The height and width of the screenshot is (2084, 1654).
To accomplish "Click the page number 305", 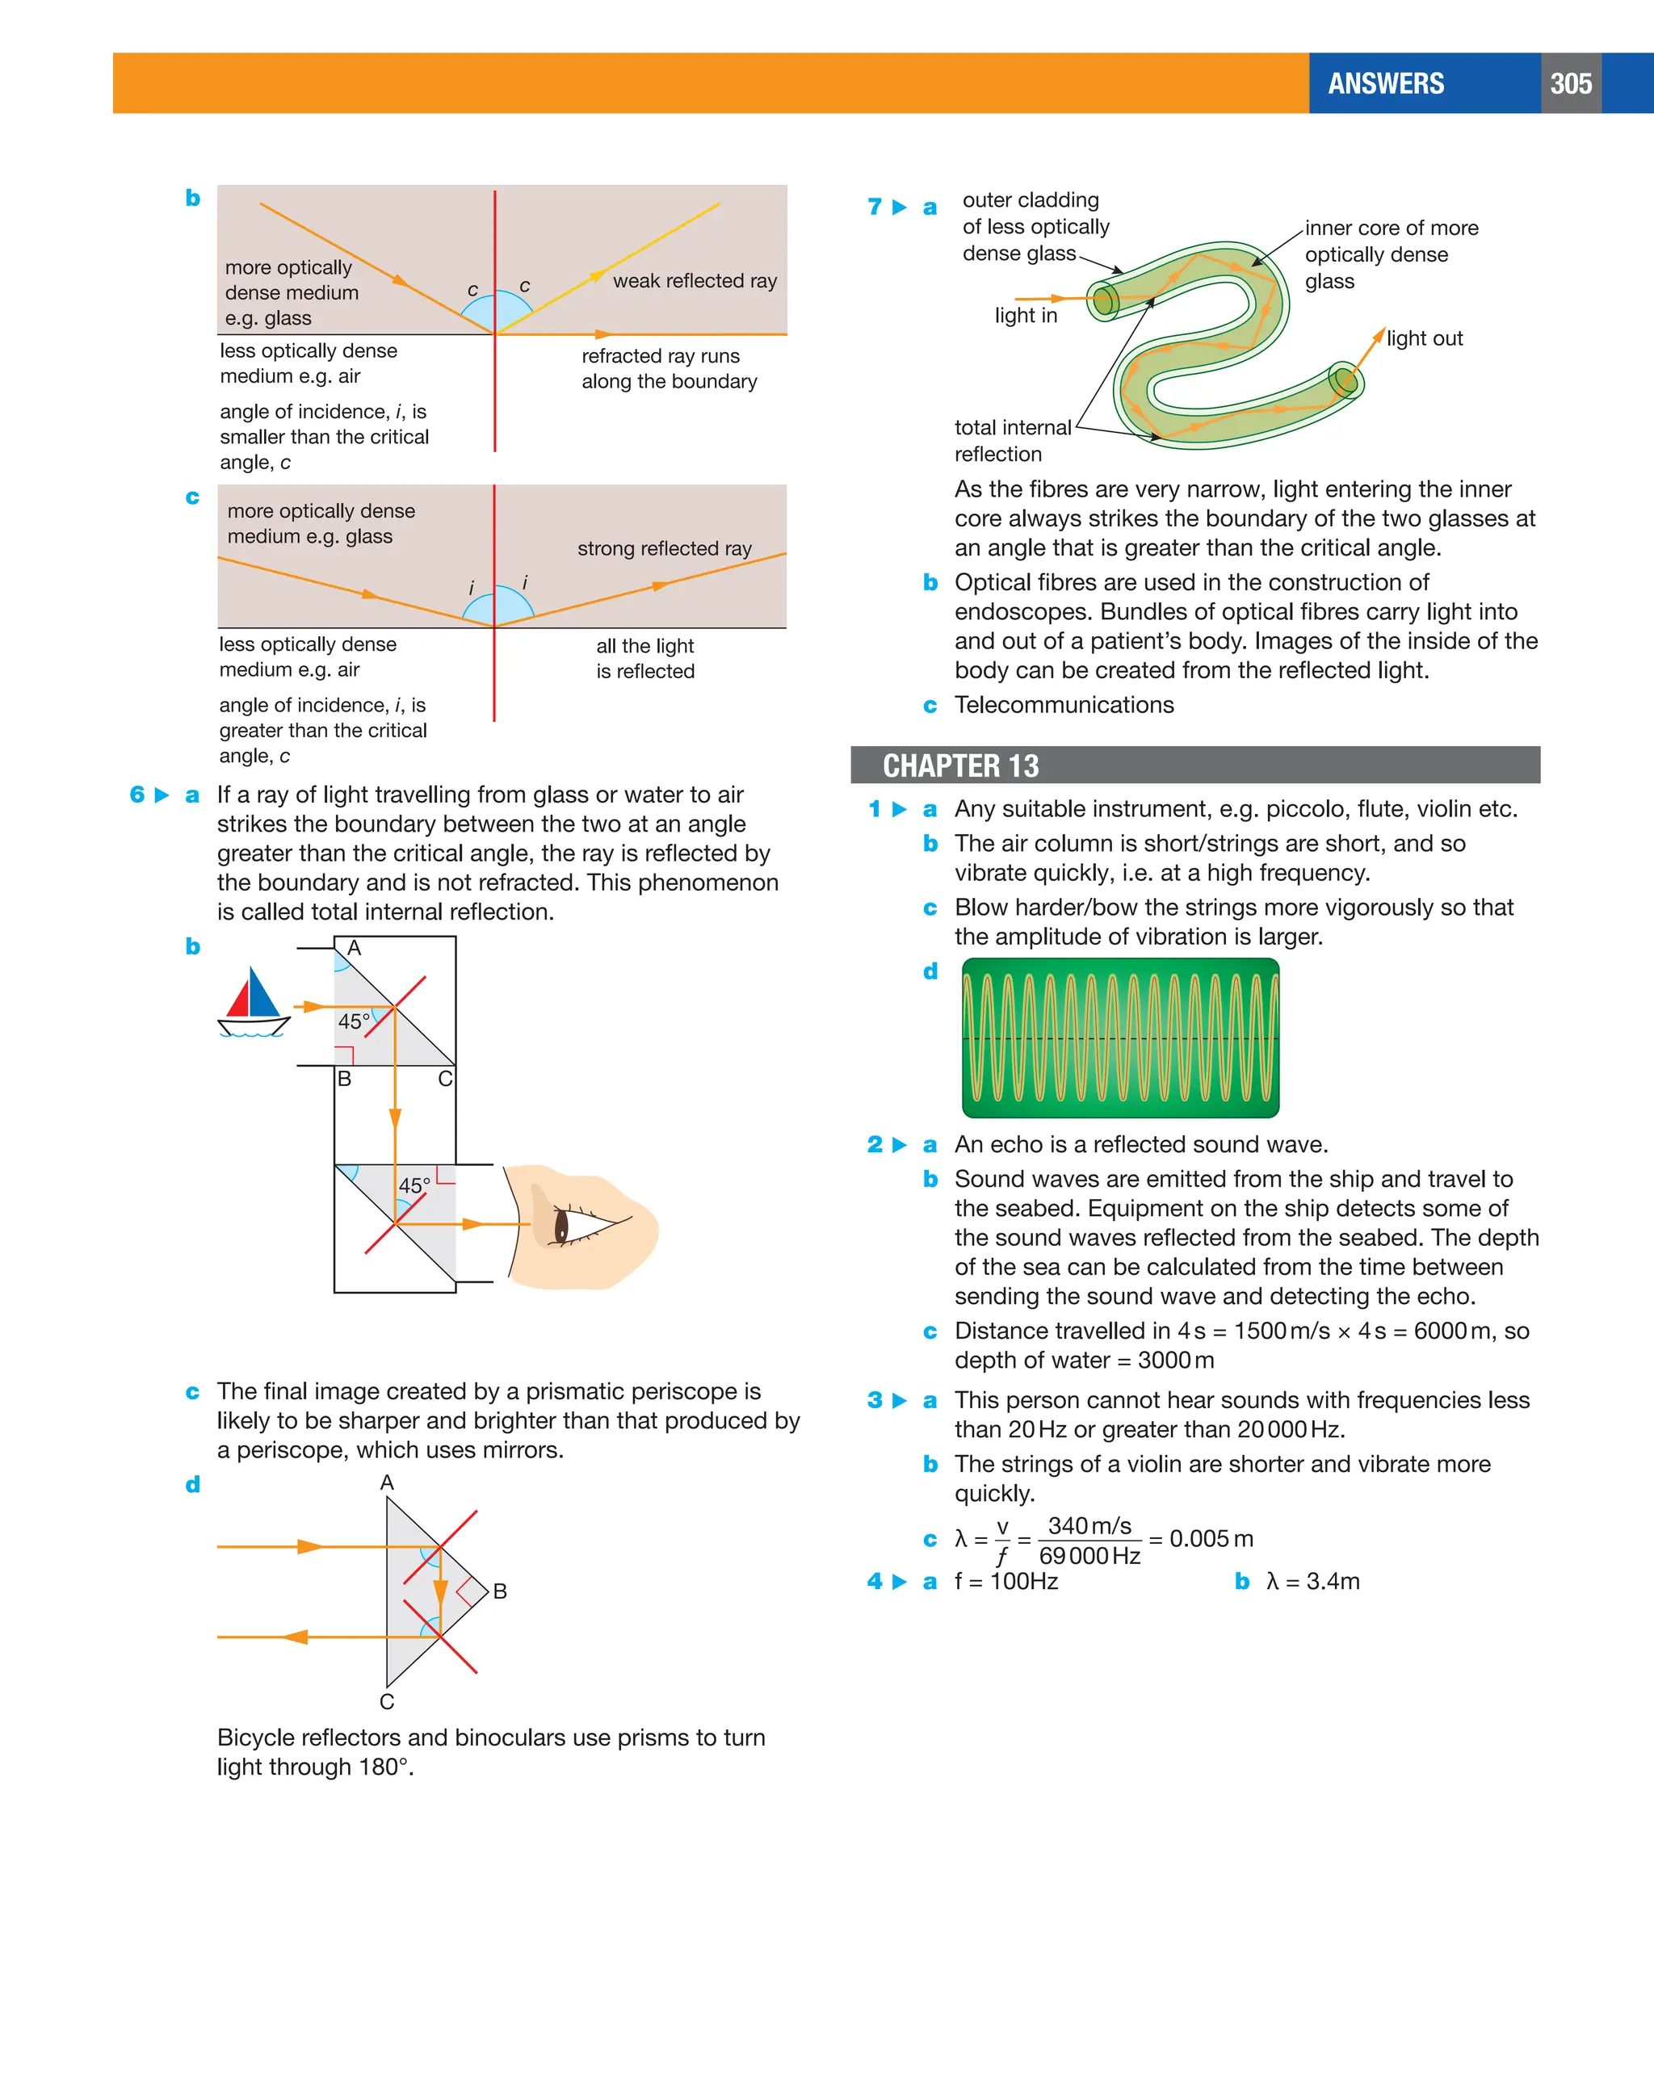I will pyautogui.click(x=1570, y=84).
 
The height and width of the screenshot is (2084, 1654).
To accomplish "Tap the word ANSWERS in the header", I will pyautogui.click(x=1385, y=84).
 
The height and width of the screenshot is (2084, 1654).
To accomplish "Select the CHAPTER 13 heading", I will pyautogui.click(x=960, y=765).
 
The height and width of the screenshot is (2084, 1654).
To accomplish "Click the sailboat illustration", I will pyautogui.click(x=252, y=1002).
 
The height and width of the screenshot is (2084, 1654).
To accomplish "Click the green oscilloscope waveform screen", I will pyautogui.click(x=1119, y=1038).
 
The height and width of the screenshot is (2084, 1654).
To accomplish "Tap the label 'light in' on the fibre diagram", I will pyautogui.click(x=1026, y=316).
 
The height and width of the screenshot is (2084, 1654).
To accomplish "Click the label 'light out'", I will pyautogui.click(x=1423, y=338).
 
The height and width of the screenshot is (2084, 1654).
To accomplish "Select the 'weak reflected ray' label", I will pyautogui.click(x=694, y=281).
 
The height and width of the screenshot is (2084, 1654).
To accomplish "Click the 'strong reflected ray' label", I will pyautogui.click(x=664, y=549).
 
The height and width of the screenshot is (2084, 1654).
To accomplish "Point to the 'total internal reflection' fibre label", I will pyautogui.click(x=1012, y=441).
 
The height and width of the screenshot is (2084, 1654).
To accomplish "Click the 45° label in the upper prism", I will pyautogui.click(x=354, y=1021).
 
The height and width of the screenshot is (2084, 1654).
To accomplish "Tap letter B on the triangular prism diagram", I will pyautogui.click(x=500, y=1591).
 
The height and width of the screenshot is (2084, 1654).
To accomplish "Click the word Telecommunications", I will pyautogui.click(x=1064, y=705).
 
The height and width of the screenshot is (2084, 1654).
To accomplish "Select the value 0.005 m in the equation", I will pyautogui.click(x=1211, y=1539).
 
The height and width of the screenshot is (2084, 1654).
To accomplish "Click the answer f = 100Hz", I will pyautogui.click(x=1005, y=1581).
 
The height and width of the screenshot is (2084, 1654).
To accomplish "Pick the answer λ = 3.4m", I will pyautogui.click(x=1312, y=1581).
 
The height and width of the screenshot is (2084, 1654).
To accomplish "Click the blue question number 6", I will pyautogui.click(x=137, y=795).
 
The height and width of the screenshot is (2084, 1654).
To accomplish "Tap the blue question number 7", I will pyautogui.click(x=875, y=207).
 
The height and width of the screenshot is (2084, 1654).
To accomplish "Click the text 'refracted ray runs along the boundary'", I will pyautogui.click(x=669, y=369).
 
